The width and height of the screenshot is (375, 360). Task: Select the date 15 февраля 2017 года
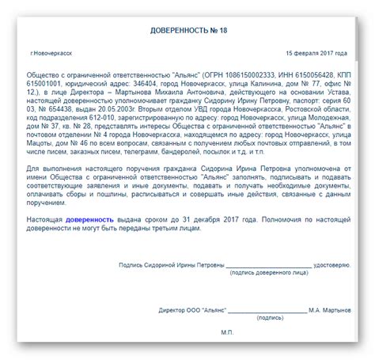click(316, 54)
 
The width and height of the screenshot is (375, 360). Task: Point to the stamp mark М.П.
click(227, 332)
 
